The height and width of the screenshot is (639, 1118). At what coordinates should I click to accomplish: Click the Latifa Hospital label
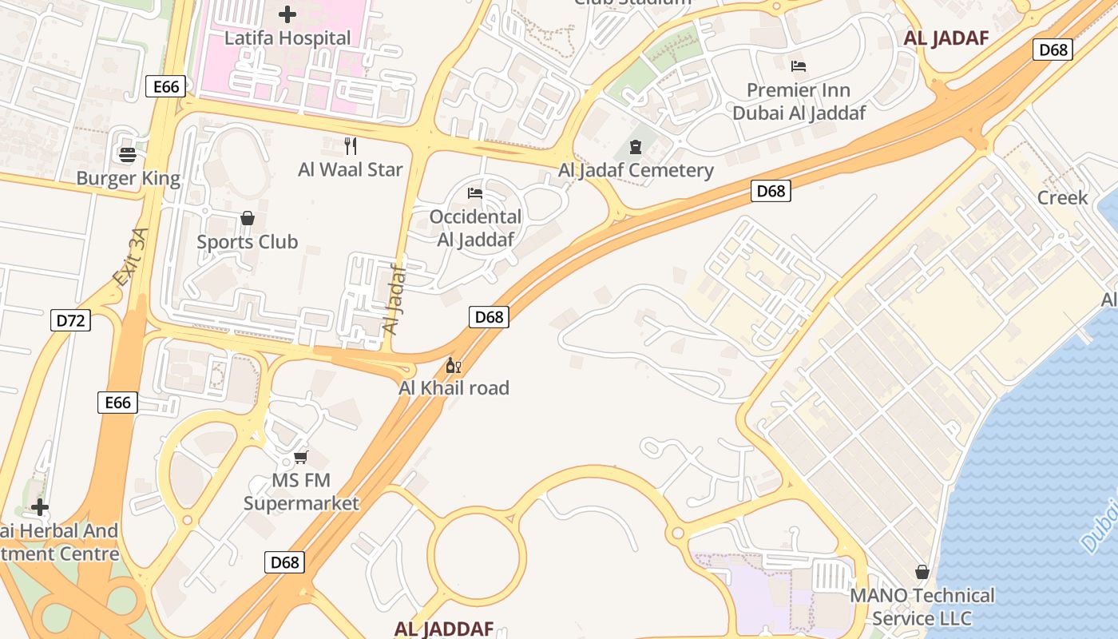point(287,38)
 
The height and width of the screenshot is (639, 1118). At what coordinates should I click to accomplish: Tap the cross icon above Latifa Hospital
point(287,14)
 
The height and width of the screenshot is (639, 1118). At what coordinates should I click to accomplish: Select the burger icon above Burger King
point(128,154)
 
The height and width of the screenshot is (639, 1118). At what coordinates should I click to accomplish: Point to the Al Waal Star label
point(351,169)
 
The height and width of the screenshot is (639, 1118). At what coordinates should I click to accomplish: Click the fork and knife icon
point(350,145)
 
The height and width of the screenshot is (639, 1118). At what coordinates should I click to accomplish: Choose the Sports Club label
point(247,241)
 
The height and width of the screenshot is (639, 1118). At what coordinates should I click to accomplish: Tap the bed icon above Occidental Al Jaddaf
point(475,193)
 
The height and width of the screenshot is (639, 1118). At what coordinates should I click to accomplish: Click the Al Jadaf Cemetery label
point(636,170)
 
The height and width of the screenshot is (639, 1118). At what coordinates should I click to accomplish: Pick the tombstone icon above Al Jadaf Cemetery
point(636,146)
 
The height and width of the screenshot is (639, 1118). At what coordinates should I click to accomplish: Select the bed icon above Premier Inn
point(799,65)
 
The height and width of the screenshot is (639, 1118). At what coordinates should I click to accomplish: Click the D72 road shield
point(70,321)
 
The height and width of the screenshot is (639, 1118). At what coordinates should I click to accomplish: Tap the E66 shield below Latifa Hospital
point(166,86)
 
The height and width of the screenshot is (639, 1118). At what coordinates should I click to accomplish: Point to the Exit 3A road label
point(131,257)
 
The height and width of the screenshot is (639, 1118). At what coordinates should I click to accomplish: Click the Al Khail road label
point(454,388)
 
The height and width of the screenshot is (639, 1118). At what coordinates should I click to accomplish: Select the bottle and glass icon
point(454,366)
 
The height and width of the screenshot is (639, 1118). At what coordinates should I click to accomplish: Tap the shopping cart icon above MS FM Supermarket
point(300,457)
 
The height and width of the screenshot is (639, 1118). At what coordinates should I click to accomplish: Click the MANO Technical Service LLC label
point(922,607)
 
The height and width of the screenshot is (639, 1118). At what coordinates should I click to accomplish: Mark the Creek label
point(1062,197)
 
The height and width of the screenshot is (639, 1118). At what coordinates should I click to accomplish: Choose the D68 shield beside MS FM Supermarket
point(284,562)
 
